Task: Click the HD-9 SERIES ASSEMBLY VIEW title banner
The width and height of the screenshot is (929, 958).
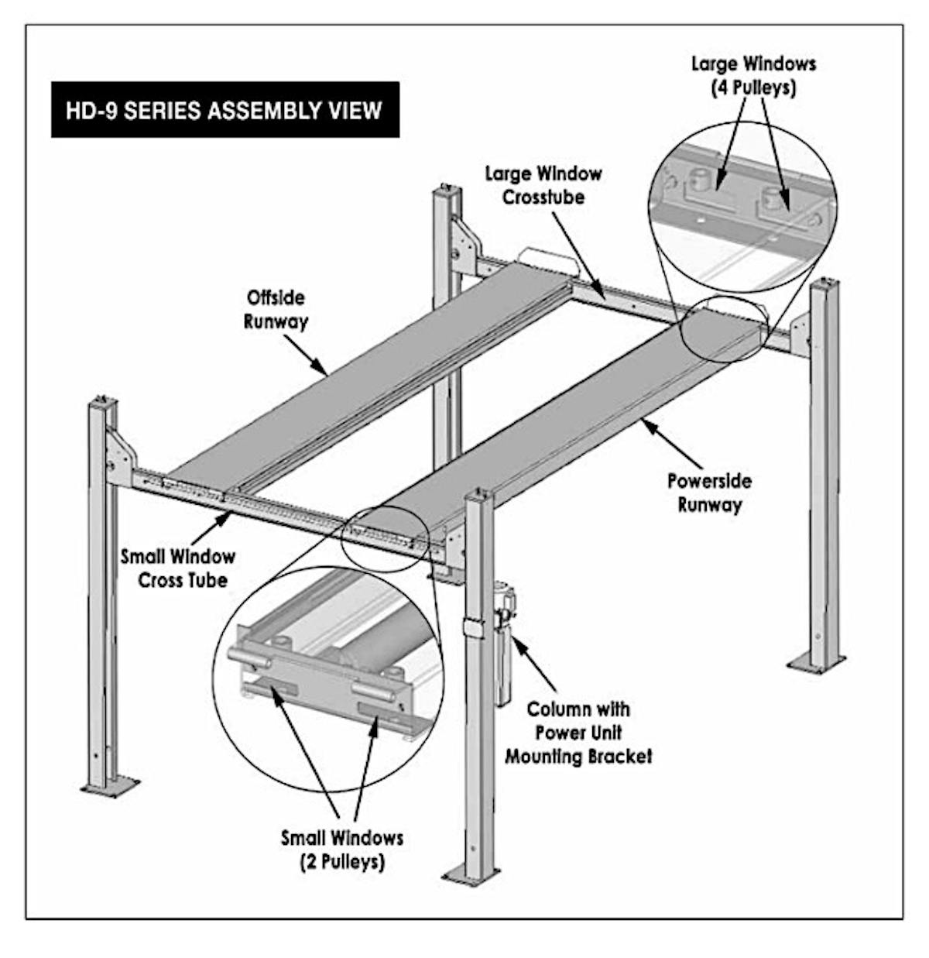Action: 225,110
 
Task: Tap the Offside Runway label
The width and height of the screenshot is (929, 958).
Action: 276,309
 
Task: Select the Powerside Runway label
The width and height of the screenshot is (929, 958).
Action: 709,493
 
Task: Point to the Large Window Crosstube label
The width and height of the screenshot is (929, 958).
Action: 543,184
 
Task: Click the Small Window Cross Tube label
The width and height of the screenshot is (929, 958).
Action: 178,567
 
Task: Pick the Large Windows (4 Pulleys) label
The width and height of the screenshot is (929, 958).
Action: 753,75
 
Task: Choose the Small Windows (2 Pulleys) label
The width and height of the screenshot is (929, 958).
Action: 341,849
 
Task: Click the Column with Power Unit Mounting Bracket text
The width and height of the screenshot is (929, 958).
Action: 578,732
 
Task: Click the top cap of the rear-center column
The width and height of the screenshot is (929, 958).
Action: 447,188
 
